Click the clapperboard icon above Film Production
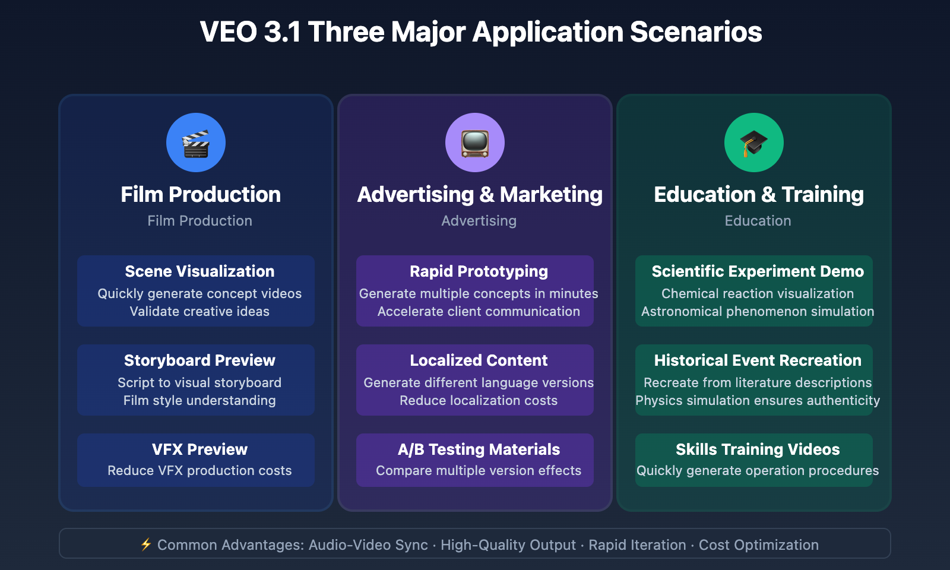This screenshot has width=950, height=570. point(196,143)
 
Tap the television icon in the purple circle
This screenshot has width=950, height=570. point(475,143)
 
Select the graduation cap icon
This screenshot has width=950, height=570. point(754,143)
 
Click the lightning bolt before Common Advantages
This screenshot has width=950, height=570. point(146,544)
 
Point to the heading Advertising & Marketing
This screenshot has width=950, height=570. point(480,195)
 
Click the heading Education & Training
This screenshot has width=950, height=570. point(758,195)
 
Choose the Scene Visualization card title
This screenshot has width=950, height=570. point(199,271)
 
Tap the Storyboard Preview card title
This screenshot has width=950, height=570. point(199,360)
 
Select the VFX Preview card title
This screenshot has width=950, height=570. point(199,449)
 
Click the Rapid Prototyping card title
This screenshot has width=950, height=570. point(479,271)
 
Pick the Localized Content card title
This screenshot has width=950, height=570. point(479,360)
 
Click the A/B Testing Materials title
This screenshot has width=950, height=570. point(479,449)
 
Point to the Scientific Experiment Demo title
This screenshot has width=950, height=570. point(758,271)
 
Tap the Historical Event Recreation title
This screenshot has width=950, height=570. point(758,360)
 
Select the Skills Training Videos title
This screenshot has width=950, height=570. point(758,449)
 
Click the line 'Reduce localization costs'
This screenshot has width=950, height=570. point(479,401)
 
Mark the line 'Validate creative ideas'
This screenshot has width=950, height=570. point(199,312)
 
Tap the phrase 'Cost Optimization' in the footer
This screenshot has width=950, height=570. point(758,545)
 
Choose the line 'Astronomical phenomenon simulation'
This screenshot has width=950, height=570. point(758,312)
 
